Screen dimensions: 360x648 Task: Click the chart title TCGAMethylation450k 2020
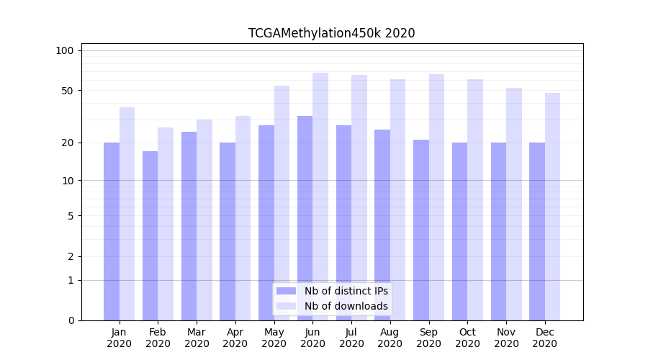pos(331,33)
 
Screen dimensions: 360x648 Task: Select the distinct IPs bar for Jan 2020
pos(112,231)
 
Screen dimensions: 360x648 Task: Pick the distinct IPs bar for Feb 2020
pos(150,235)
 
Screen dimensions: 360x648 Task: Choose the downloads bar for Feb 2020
pos(166,224)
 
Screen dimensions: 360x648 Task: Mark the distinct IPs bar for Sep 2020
pos(421,230)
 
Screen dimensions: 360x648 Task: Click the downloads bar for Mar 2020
pos(204,220)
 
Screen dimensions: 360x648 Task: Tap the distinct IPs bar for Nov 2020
pos(498,231)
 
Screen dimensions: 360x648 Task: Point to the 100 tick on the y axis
pos(65,50)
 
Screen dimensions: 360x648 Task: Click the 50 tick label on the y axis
pos(67,91)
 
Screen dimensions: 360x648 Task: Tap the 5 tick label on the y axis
pos(70,215)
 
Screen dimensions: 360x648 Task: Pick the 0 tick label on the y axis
pos(70,320)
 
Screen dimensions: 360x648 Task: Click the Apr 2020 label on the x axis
pos(235,338)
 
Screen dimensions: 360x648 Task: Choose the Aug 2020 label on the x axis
pos(390,338)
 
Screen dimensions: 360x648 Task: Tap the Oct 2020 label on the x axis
pos(467,338)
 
